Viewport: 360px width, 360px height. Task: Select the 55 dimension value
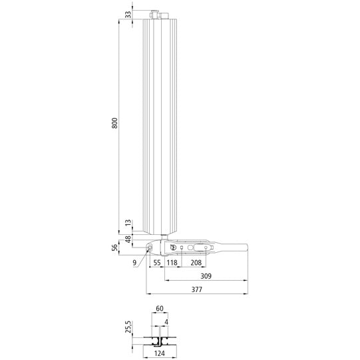(157, 263)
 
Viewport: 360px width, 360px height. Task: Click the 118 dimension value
(172, 263)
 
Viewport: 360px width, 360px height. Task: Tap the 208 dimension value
(196, 263)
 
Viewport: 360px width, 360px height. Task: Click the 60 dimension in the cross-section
(159, 310)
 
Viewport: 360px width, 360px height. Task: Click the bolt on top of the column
(156, 13)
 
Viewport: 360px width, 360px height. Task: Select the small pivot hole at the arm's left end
(148, 248)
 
